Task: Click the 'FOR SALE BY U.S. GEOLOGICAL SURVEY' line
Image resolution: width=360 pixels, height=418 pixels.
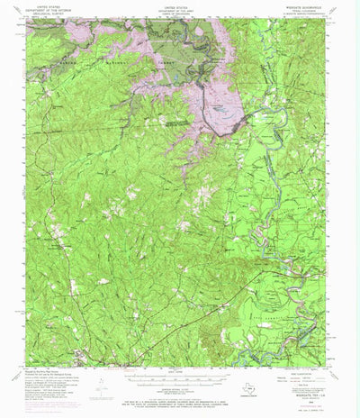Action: (180, 397)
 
